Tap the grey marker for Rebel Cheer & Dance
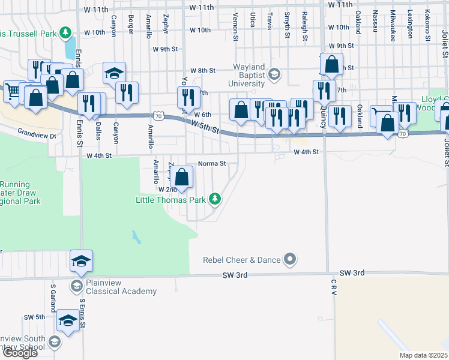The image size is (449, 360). pos(291,260)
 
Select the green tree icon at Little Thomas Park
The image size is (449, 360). pos(214,199)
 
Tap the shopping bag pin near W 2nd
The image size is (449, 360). pos(183,177)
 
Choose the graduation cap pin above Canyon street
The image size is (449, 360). pos(114,73)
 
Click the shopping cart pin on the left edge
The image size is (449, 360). pos(13,92)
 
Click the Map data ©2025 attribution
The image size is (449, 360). pos(424,355)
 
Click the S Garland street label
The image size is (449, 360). pos(53,298)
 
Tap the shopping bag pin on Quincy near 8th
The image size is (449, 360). pos(331,64)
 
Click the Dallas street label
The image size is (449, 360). pos(98,131)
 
